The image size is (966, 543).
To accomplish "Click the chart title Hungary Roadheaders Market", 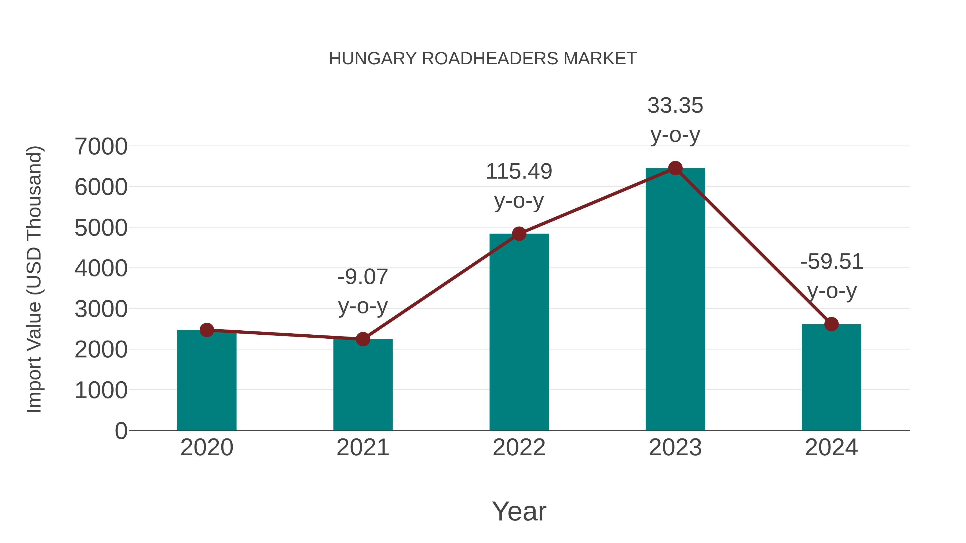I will click(483, 59).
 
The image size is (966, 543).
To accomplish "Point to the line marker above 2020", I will click(207, 330).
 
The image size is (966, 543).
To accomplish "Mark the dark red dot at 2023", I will click(675, 168).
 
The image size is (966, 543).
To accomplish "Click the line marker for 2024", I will click(831, 324).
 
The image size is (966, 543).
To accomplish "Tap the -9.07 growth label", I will click(363, 277).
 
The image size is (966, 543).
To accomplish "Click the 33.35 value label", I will click(675, 106).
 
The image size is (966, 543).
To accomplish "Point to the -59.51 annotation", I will click(831, 261).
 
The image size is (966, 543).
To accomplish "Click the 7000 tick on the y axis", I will click(101, 146).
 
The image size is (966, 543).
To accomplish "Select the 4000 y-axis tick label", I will click(101, 268).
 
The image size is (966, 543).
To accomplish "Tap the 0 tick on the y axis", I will click(121, 431).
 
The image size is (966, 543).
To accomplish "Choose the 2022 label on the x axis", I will click(519, 448).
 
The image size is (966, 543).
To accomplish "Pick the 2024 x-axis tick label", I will click(831, 448).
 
